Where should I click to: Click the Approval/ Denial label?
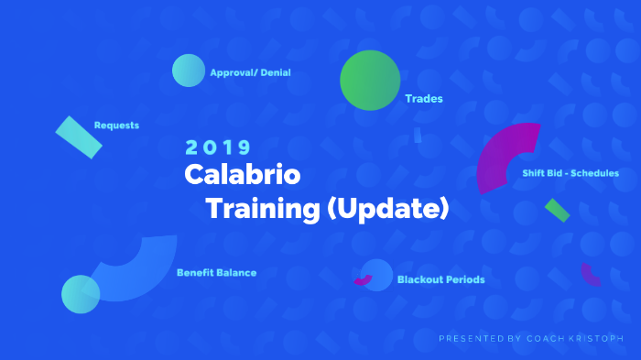point(250,72)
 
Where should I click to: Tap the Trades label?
point(423,98)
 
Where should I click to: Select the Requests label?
point(116,125)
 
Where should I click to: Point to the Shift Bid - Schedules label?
point(570,172)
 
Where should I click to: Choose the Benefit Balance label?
point(216,272)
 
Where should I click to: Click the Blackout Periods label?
point(440,279)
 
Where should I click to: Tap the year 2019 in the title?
point(218,147)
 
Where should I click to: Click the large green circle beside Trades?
point(370,81)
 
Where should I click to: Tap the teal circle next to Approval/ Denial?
point(188,71)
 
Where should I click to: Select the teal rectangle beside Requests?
point(79,136)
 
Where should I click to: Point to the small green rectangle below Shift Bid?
point(557,210)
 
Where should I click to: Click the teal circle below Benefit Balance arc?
point(81,294)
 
